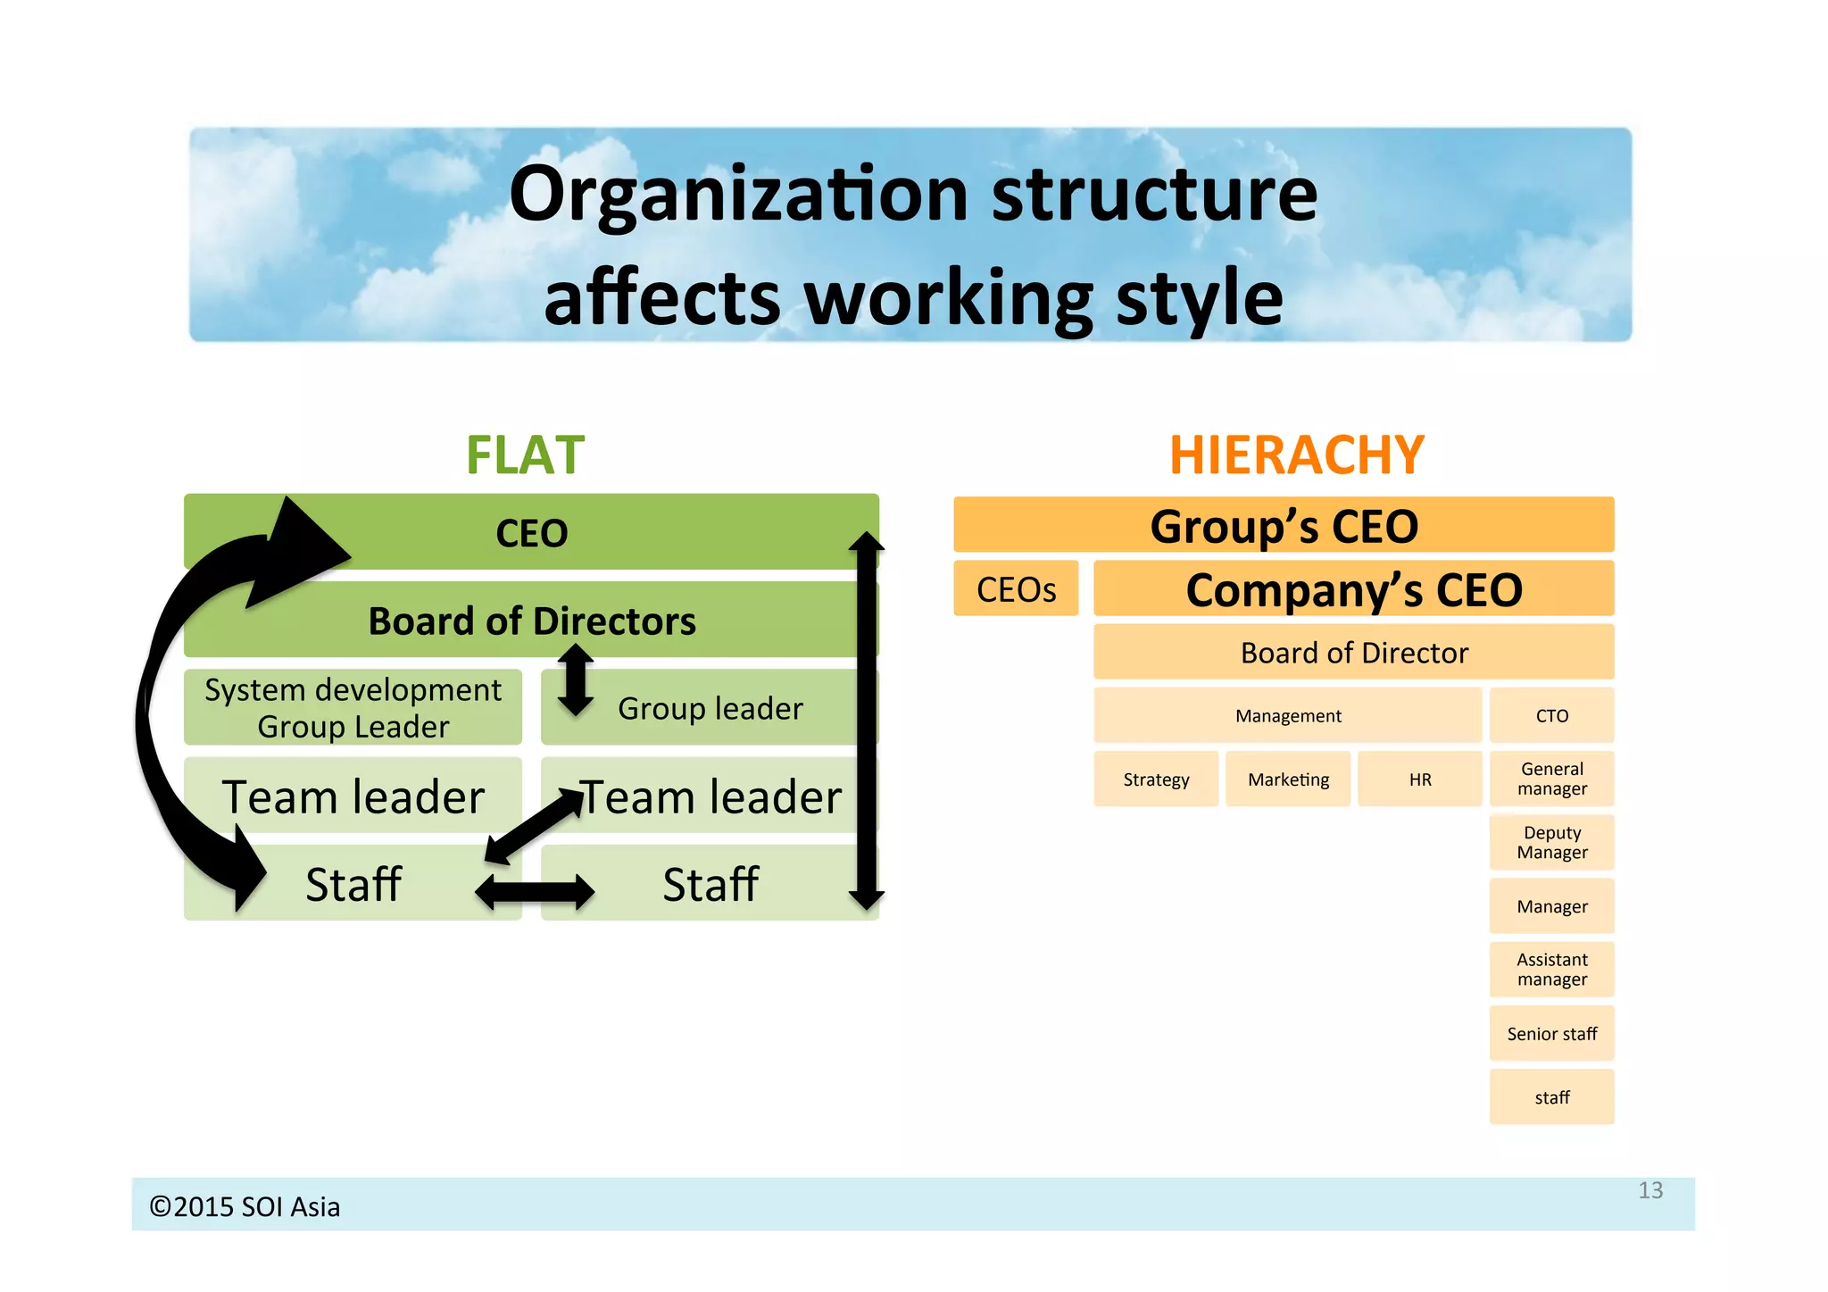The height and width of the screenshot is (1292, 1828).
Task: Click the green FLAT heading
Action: point(525,455)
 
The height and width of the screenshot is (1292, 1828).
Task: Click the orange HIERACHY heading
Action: point(1296,455)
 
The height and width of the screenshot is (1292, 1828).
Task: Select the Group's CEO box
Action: point(1284,525)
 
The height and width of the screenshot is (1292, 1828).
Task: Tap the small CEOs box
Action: point(1016,589)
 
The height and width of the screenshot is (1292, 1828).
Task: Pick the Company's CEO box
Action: point(1353,589)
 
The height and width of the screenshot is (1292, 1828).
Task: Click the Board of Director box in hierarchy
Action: point(1353,653)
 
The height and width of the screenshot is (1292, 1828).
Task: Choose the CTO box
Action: point(1551,716)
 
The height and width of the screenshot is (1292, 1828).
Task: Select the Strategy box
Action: point(1156,779)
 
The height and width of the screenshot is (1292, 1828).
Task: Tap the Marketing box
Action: point(1288,779)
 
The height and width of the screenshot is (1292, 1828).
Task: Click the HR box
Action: point(1419,779)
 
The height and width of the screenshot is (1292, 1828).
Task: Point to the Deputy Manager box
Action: point(1551,843)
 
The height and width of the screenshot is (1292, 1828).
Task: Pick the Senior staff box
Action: point(1551,1034)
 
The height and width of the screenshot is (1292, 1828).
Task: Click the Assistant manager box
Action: point(1551,970)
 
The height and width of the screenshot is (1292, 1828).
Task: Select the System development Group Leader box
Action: point(353,708)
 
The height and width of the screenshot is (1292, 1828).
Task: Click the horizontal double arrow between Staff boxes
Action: point(534,891)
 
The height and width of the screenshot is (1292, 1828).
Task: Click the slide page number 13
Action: point(1649,1190)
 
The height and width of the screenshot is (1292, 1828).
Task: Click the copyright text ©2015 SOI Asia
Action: point(245,1207)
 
